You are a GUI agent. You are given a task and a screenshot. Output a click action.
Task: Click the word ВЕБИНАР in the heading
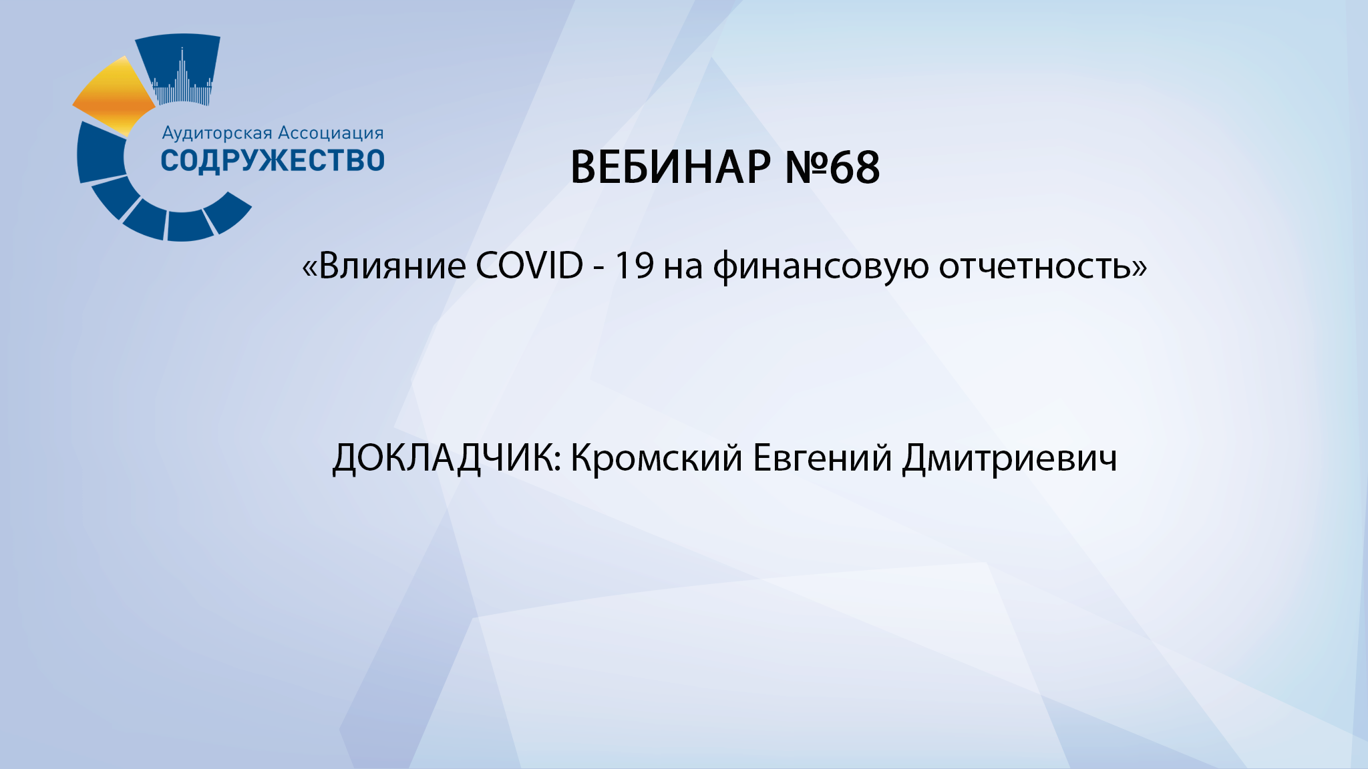click(x=671, y=167)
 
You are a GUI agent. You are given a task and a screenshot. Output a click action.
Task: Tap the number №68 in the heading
click(x=832, y=167)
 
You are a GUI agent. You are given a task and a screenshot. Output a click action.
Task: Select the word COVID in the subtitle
click(x=529, y=266)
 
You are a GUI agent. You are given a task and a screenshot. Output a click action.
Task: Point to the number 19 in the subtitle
click(x=633, y=266)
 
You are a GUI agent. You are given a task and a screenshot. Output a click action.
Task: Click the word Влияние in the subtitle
click(x=392, y=266)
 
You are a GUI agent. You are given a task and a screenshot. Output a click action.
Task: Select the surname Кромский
click(x=656, y=459)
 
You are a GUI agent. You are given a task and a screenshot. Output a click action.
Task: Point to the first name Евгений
click(x=822, y=459)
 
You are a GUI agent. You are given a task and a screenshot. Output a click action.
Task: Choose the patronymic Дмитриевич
click(x=1009, y=459)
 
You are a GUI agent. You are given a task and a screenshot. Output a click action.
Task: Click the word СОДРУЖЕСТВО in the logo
click(x=273, y=161)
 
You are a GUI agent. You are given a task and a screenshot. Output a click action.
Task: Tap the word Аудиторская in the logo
click(x=217, y=134)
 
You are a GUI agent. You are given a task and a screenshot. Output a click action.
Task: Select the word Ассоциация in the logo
click(x=331, y=134)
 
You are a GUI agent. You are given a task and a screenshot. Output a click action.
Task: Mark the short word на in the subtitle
click(x=683, y=267)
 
